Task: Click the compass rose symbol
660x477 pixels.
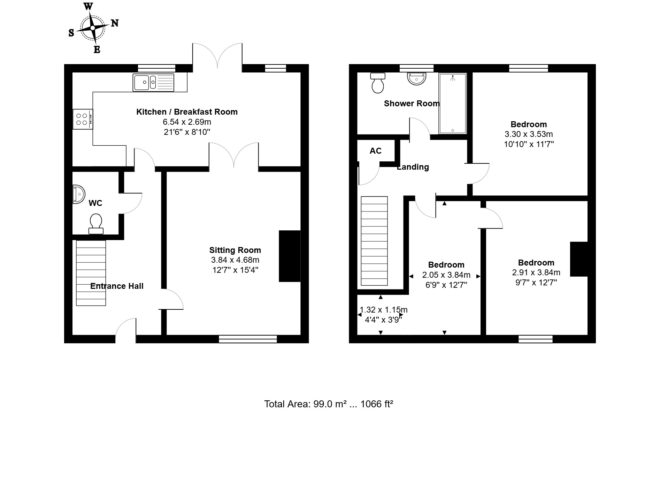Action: pos(93,28)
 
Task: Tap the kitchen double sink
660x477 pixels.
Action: pos(153,83)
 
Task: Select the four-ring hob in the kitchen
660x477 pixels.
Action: pos(83,119)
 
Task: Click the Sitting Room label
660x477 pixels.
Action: pos(235,250)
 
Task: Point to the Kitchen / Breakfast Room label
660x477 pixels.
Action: pos(187,112)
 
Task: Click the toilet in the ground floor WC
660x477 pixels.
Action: pos(96,224)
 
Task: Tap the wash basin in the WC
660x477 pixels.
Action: pos(79,194)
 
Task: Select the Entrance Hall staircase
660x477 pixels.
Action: pos(91,273)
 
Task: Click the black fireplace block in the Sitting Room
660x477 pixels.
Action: pos(290,256)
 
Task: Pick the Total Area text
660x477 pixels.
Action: pos(329,404)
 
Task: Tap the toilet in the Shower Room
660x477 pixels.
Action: pos(378,83)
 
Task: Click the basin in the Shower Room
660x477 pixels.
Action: pos(416,78)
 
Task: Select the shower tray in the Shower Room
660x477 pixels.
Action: pos(453,103)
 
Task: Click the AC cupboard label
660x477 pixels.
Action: pos(376,151)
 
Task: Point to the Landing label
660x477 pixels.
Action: pos(413,167)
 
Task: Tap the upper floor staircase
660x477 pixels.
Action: pos(374,241)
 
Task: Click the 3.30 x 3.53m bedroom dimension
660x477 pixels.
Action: pos(529,134)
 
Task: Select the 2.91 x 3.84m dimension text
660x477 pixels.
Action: pos(536,273)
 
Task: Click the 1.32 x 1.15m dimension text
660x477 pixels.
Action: pos(383,310)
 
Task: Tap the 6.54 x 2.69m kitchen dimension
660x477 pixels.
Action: pos(187,122)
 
